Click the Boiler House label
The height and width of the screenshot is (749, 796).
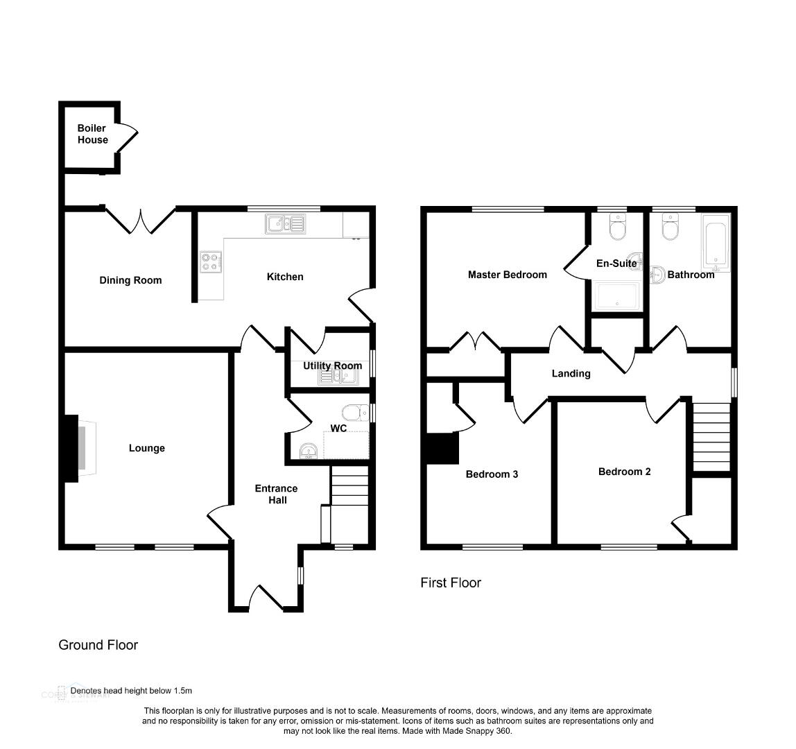pyautogui.click(x=92, y=134)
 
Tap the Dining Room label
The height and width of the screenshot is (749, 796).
pyautogui.click(x=130, y=280)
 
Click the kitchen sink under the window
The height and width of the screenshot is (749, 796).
pyautogui.click(x=285, y=223)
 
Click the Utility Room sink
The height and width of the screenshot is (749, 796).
pyautogui.click(x=338, y=377)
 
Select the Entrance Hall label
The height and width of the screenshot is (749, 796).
pyautogui.click(x=276, y=494)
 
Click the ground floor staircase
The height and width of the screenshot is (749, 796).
pyautogui.click(x=349, y=486)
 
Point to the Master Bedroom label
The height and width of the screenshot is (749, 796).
pyautogui.click(x=507, y=275)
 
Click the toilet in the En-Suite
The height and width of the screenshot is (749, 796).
pyautogui.click(x=618, y=227)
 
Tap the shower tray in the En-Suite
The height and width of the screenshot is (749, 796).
pyautogui.click(x=617, y=296)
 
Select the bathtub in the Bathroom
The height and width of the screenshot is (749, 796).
pyautogui.click(x=716, y=243)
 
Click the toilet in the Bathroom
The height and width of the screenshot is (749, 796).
pyautogui.click(x=670, y=227)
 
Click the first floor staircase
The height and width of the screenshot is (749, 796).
pyautogui.click(x=711, y=437)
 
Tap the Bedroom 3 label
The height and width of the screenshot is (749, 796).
pyautogui.click(x=492, y=474)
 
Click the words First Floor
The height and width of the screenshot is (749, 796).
pyautogui.click(x=451, y=583)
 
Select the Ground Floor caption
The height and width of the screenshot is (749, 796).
pyautogui.click(x=98, y=645)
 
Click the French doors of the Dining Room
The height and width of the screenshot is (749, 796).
pyautogui.click(x=140, y=219)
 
